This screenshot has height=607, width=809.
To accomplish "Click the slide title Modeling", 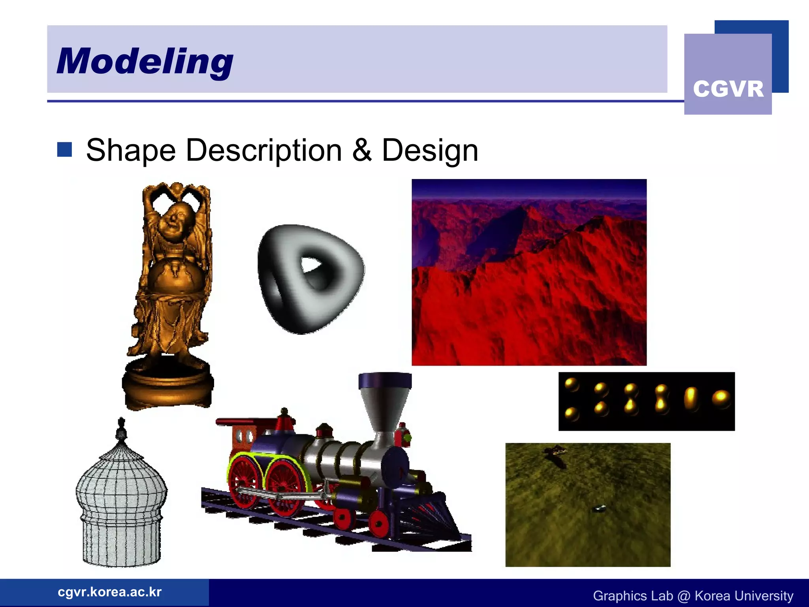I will coord(145,61).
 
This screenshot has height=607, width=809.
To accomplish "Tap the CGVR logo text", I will coord(728,89).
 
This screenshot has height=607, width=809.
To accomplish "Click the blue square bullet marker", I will coord(64,150).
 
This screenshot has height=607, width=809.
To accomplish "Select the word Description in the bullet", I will coord(263,151).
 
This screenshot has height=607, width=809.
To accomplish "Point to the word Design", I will coord(430,151).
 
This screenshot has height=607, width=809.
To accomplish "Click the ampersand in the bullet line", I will coord(362,151).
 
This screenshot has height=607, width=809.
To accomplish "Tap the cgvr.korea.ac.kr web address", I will coord(109,592).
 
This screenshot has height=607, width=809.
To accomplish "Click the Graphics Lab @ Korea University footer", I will coord(693,596).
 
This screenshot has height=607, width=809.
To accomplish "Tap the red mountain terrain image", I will coord(529,273).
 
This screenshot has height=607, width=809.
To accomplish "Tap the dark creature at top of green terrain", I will coord(555,452).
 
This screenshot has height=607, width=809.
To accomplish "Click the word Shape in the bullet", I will coord(131,151).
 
